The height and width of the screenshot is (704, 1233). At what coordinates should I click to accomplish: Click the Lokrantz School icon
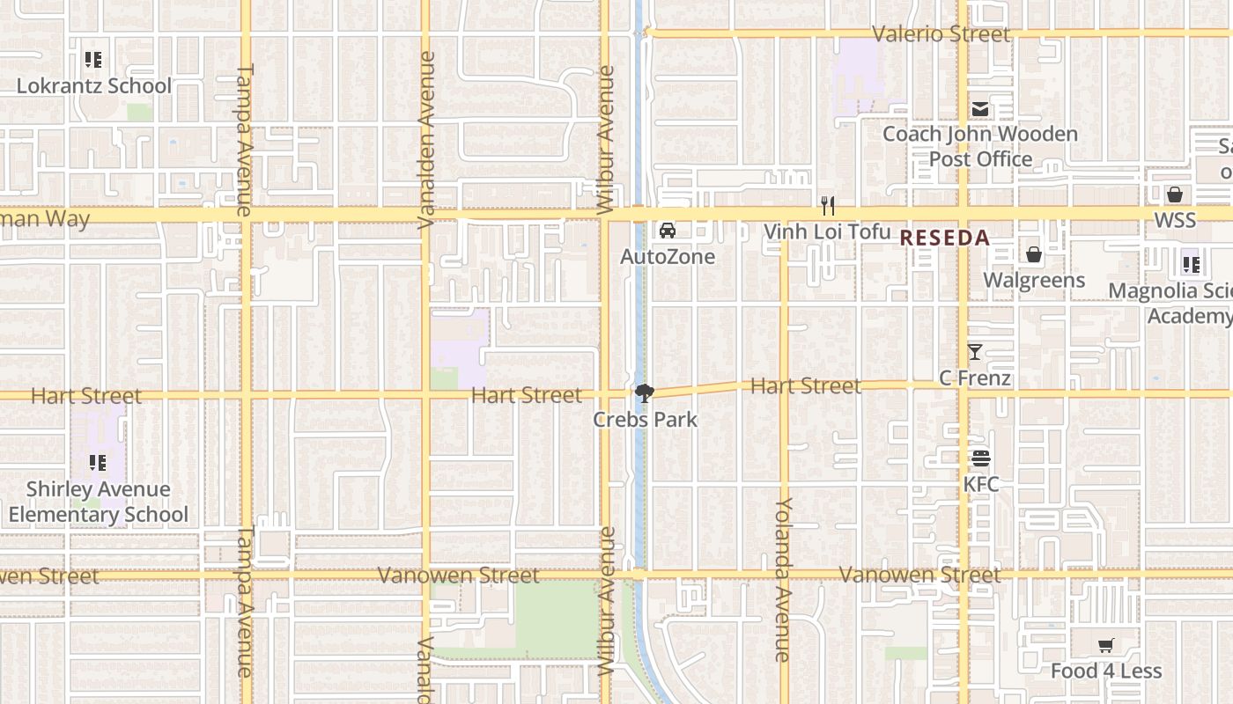click(x=93, y=60)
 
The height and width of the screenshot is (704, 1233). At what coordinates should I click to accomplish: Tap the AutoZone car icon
click(x=668, y=231)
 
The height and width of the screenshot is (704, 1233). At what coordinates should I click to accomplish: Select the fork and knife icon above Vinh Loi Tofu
click(x=827, y=206)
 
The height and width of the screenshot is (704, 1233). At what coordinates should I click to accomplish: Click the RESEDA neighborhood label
click(x=944, y=238)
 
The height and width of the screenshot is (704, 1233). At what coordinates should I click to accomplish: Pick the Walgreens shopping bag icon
click(x=1034, y=255)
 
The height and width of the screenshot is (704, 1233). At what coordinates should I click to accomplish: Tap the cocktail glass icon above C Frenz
click(x=974, y=352)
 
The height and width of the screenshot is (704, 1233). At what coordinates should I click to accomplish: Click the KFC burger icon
click(x=981, y=458)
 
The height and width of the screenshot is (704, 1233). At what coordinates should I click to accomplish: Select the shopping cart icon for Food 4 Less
click(x=1106, y=646)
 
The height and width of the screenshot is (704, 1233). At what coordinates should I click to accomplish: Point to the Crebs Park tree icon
click(x=645, y=393)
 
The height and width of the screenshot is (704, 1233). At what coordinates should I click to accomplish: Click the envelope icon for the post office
click(x=980, y=109)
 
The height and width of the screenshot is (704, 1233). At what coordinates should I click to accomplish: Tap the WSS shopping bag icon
click(x=1175, y=194)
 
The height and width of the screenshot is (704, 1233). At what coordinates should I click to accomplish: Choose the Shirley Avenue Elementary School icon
click(x=98, y=463)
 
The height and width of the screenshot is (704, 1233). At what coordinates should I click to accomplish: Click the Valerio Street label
click(x=941, y=34)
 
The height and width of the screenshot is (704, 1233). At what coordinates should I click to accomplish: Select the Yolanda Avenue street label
click(x=783, y=579)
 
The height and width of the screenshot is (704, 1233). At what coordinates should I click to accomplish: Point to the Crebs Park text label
click(x=645, y=420)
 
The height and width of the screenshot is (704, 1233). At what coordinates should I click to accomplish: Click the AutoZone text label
click(x=668, y=257)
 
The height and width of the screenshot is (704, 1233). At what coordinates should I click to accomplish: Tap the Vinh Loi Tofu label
click(x=827, y=232)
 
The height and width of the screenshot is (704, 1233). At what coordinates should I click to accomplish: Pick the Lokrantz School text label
click(x=94, y=86)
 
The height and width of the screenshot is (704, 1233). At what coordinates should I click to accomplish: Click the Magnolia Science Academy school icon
click(x=1191, y=263)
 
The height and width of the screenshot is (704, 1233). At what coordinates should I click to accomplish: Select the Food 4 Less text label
click(x=1106, y=671)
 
